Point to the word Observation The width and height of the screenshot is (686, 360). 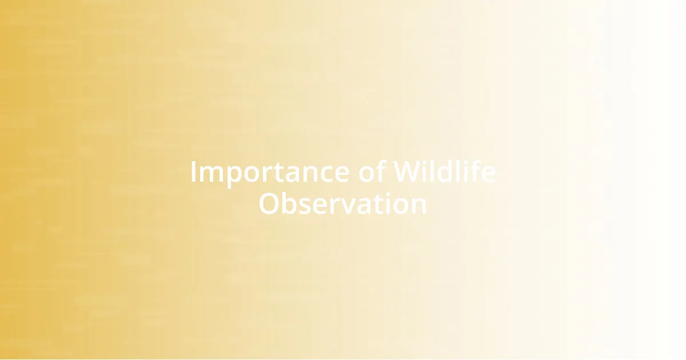[342, 204]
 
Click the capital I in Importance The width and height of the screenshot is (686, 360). [193, 172]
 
